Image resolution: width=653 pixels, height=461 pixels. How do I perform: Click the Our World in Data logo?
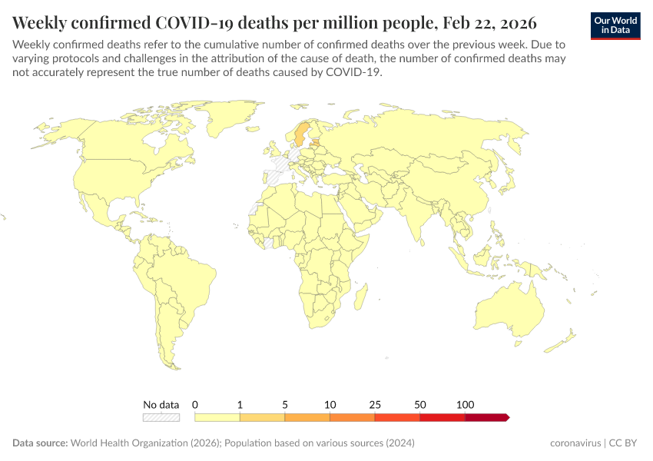(615, 25)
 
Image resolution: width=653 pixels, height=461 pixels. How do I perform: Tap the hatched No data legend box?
(161, 417)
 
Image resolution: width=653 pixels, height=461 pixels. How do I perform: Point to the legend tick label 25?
(375, 404)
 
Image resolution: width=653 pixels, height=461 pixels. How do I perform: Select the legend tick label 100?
(465, 404)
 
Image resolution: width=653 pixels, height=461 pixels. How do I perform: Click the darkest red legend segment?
(486, 417)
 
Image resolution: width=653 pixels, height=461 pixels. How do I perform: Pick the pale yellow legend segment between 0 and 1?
(217, 417)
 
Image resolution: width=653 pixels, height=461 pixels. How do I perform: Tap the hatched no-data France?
(287, 165)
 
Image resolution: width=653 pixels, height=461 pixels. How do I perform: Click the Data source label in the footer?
(40, 443)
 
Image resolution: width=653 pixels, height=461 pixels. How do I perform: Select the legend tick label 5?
(285, 404)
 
